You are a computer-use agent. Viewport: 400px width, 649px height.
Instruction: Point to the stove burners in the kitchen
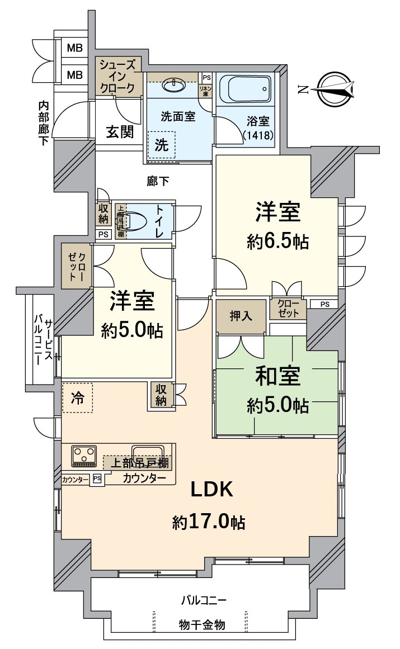click(x=84, y=455)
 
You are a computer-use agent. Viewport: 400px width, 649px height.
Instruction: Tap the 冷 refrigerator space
click(x=77, y=398)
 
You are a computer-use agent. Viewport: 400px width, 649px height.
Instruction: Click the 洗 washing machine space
click(x=161, y=145)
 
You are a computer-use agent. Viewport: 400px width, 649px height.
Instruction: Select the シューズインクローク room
click(x=118, y=76)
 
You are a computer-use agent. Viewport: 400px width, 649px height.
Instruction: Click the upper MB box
click(x=74, y=48)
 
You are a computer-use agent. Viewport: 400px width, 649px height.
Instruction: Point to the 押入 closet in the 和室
click(x=241, y=316)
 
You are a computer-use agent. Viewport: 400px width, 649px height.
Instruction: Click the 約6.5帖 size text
click(x=278, y=241)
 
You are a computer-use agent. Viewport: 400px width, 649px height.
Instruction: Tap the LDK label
click(x=211, y=490)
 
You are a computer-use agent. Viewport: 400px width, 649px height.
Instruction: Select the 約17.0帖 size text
click(x=208, y=523)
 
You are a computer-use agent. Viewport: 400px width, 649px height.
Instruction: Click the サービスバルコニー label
click(x=44, y=342)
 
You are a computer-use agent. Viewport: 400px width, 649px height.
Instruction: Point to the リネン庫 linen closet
click(x=206, y=89)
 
